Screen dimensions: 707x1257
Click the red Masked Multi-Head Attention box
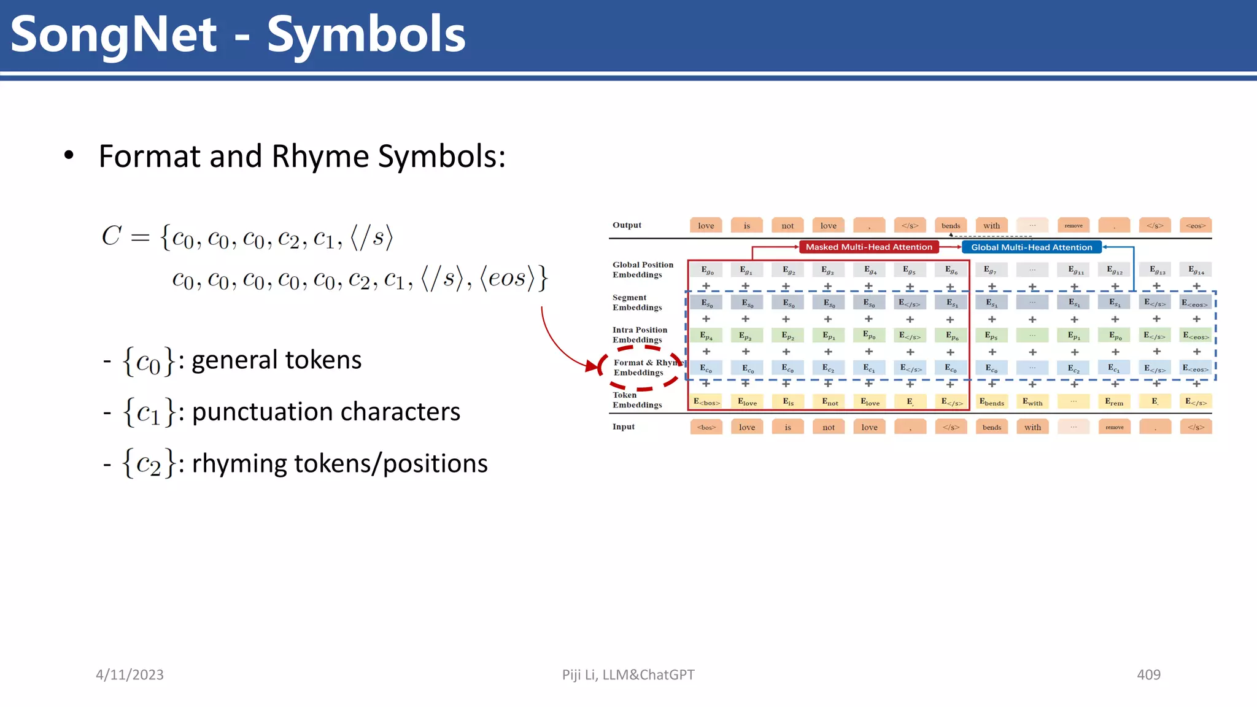[x=868, y=247]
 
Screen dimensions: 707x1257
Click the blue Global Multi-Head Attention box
[x=1031, y=247]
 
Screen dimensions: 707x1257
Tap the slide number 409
[x=1148, y=674]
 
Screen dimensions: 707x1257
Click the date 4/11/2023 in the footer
[x=130, y=674]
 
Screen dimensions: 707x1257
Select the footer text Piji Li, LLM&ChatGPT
[x=628, y=674]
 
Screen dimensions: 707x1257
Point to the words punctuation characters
[x=326, y=412]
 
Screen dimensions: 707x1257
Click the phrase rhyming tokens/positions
[x=339, y=463]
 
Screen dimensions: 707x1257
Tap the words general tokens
[x=276, y=360]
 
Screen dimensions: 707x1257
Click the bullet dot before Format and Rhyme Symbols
[x=69, y=156]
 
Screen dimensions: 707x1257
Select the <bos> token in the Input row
[x=706, y=427]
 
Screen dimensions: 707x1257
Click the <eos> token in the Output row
[x=1196, y=226]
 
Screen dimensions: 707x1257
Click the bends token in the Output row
[x=951, y=226]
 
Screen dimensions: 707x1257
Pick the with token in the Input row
[x=1032, y=427]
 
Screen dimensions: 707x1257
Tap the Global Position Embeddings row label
[x=642, y=270]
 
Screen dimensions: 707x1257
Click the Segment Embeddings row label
[x=636, y=303]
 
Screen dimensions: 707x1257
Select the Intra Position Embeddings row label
[x=639, y=335]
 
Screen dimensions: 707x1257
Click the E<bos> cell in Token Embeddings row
[x=706, y=402]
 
